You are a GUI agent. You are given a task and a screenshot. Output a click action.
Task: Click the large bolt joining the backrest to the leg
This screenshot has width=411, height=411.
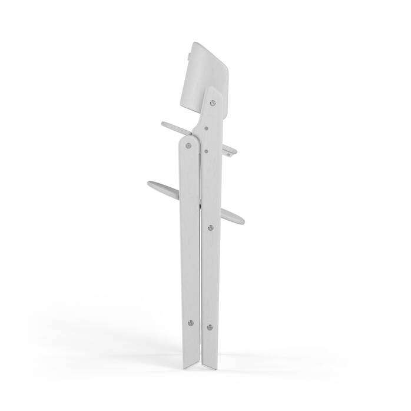(x=213, y=102)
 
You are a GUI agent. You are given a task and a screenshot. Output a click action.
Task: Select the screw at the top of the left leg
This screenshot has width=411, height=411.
(x=188, y=145)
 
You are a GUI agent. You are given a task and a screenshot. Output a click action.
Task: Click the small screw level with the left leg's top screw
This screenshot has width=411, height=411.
(x=207, y=150)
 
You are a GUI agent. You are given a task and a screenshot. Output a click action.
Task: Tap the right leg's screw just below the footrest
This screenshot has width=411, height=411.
(x=210, y=226)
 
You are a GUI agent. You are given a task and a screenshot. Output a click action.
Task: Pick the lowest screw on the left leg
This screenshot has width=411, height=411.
(x=190, y=322)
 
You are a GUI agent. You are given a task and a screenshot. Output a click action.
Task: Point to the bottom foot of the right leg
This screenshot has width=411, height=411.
(x=211, y=369)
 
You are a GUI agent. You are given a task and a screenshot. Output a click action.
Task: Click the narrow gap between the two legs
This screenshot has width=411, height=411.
(x=200, y=265)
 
